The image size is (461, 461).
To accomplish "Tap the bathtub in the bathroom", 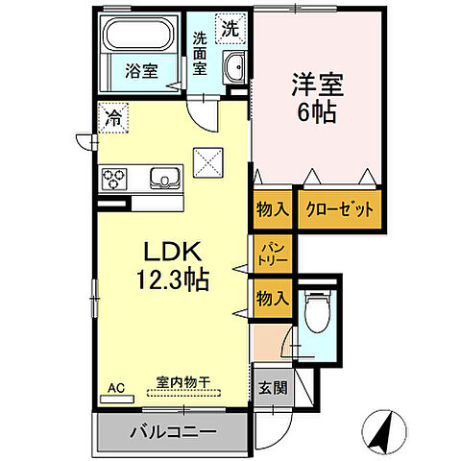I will [x=137, y=38].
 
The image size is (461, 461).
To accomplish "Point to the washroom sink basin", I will [x=233, y=69].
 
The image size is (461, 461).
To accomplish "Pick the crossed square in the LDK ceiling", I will [x=207, y=160].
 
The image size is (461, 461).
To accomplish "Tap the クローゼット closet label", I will [x=335, y=209].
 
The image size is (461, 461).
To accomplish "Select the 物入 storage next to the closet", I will [x=274, y=209].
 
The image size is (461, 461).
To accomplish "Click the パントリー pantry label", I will [x=273, y=255].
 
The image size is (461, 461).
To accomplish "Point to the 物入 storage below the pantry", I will [x=273, y=299].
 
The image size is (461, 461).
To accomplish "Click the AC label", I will [x=116, y=388].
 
